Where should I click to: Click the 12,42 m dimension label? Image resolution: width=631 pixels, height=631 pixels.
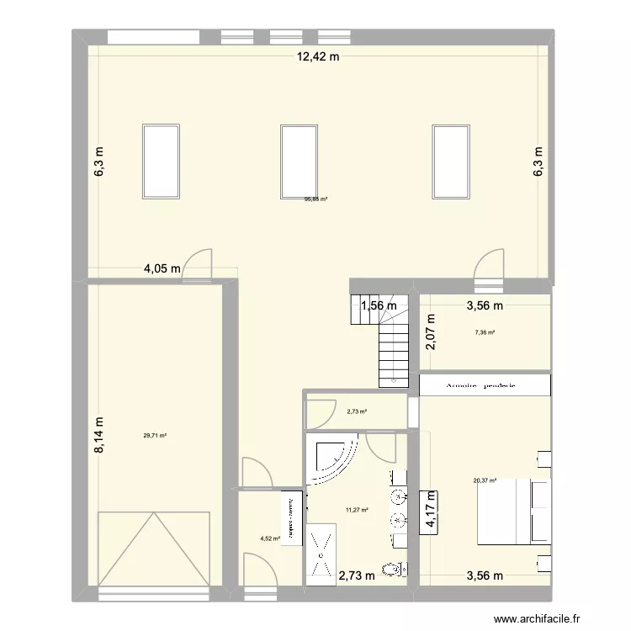click(x=316, y=57)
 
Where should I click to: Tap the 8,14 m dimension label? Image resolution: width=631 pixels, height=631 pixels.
click(x=98, y=437)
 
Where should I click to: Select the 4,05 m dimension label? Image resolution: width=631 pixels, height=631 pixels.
click(x=162, y=270)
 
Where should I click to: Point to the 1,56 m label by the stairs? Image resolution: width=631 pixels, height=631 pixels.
click(x=379, y=307)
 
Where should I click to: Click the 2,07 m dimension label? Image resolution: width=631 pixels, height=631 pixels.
click(x=431, y=331)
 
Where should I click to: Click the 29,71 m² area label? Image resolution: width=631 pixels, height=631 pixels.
click(x=155, y=436)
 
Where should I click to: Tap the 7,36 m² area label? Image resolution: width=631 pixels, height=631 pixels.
click(x=485, y=332)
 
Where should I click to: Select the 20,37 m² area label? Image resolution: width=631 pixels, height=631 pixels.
click(x=485, y=481)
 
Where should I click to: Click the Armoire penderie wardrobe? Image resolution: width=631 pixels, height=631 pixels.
click(x=485, y=384)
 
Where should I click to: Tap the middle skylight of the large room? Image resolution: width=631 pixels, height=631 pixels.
click(x=298, y=162)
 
